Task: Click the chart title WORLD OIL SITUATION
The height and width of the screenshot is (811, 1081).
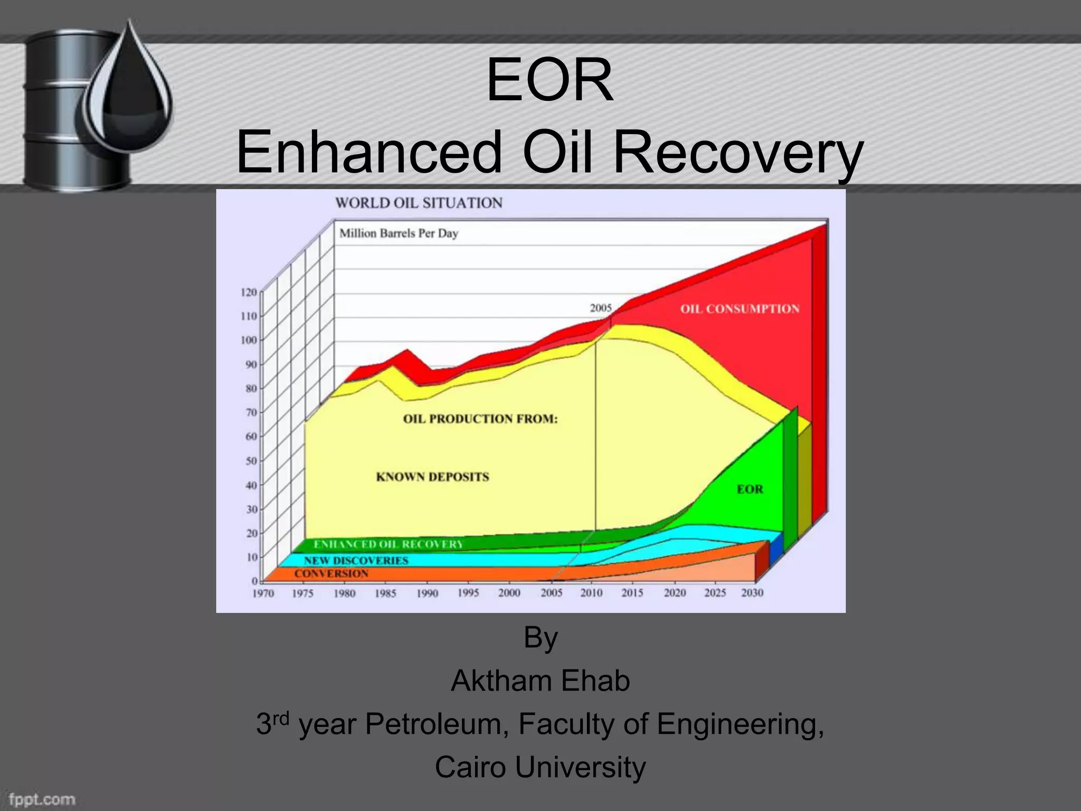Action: tap(419, 203)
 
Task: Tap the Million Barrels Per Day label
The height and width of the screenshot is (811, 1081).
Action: tap(399, 233)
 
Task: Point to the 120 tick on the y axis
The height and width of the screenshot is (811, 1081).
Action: tap(249, 292)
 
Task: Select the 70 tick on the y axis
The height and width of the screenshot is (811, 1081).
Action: tap(250, 412)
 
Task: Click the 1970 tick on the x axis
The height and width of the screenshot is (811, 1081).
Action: tap(263, 593)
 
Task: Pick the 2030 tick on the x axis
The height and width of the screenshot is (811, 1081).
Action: tap(752, 593)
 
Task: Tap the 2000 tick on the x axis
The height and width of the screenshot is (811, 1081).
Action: tap(509, 593)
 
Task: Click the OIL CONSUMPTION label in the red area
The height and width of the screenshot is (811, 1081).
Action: tap(739, 309)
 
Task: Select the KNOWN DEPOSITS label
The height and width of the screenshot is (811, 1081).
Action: tap(432, 477)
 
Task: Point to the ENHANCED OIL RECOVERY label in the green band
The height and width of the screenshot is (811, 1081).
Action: tap(388, 544)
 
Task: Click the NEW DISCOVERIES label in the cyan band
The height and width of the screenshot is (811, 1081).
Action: tap(356, 560)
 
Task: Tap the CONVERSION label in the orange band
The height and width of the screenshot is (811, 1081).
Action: tap(331, 573)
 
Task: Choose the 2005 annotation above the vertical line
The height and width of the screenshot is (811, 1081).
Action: tap(601, 308)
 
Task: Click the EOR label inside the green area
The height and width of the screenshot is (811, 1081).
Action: tap(750, 489)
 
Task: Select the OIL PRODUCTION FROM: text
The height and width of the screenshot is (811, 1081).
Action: tap(480, 419)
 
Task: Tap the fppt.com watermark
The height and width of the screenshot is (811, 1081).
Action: tap(42, 799)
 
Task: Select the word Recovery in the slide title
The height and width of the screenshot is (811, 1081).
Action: tap(738, 153)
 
